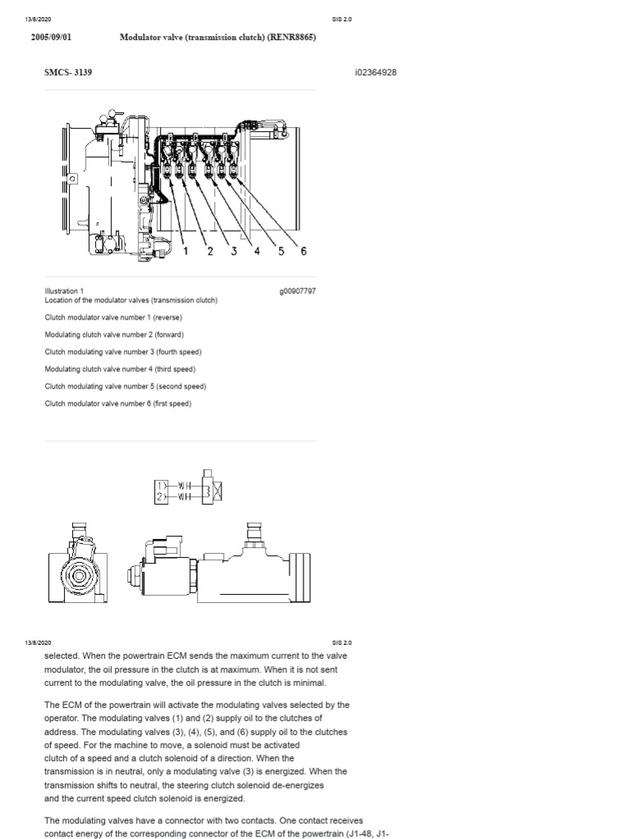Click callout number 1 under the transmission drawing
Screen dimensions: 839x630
tap(185, 251)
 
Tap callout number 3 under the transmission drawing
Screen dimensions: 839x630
tap(234, 251)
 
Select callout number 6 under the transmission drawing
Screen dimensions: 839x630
tap(304, 251)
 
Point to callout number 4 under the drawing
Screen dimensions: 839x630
tap(257, 251)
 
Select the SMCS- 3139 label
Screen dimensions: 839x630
tap(68, 72)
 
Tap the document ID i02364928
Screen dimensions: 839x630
tap(377, 72)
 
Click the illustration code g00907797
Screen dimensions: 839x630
tap(299, 291)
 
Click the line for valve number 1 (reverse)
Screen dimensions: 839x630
tap(113, 317)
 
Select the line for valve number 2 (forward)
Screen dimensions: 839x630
tap(114, 334)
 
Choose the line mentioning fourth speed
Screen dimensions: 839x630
tap(123, 351)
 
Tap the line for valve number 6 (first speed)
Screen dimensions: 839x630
tap(117, 403)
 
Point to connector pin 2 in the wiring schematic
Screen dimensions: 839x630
tap(159, 496)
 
